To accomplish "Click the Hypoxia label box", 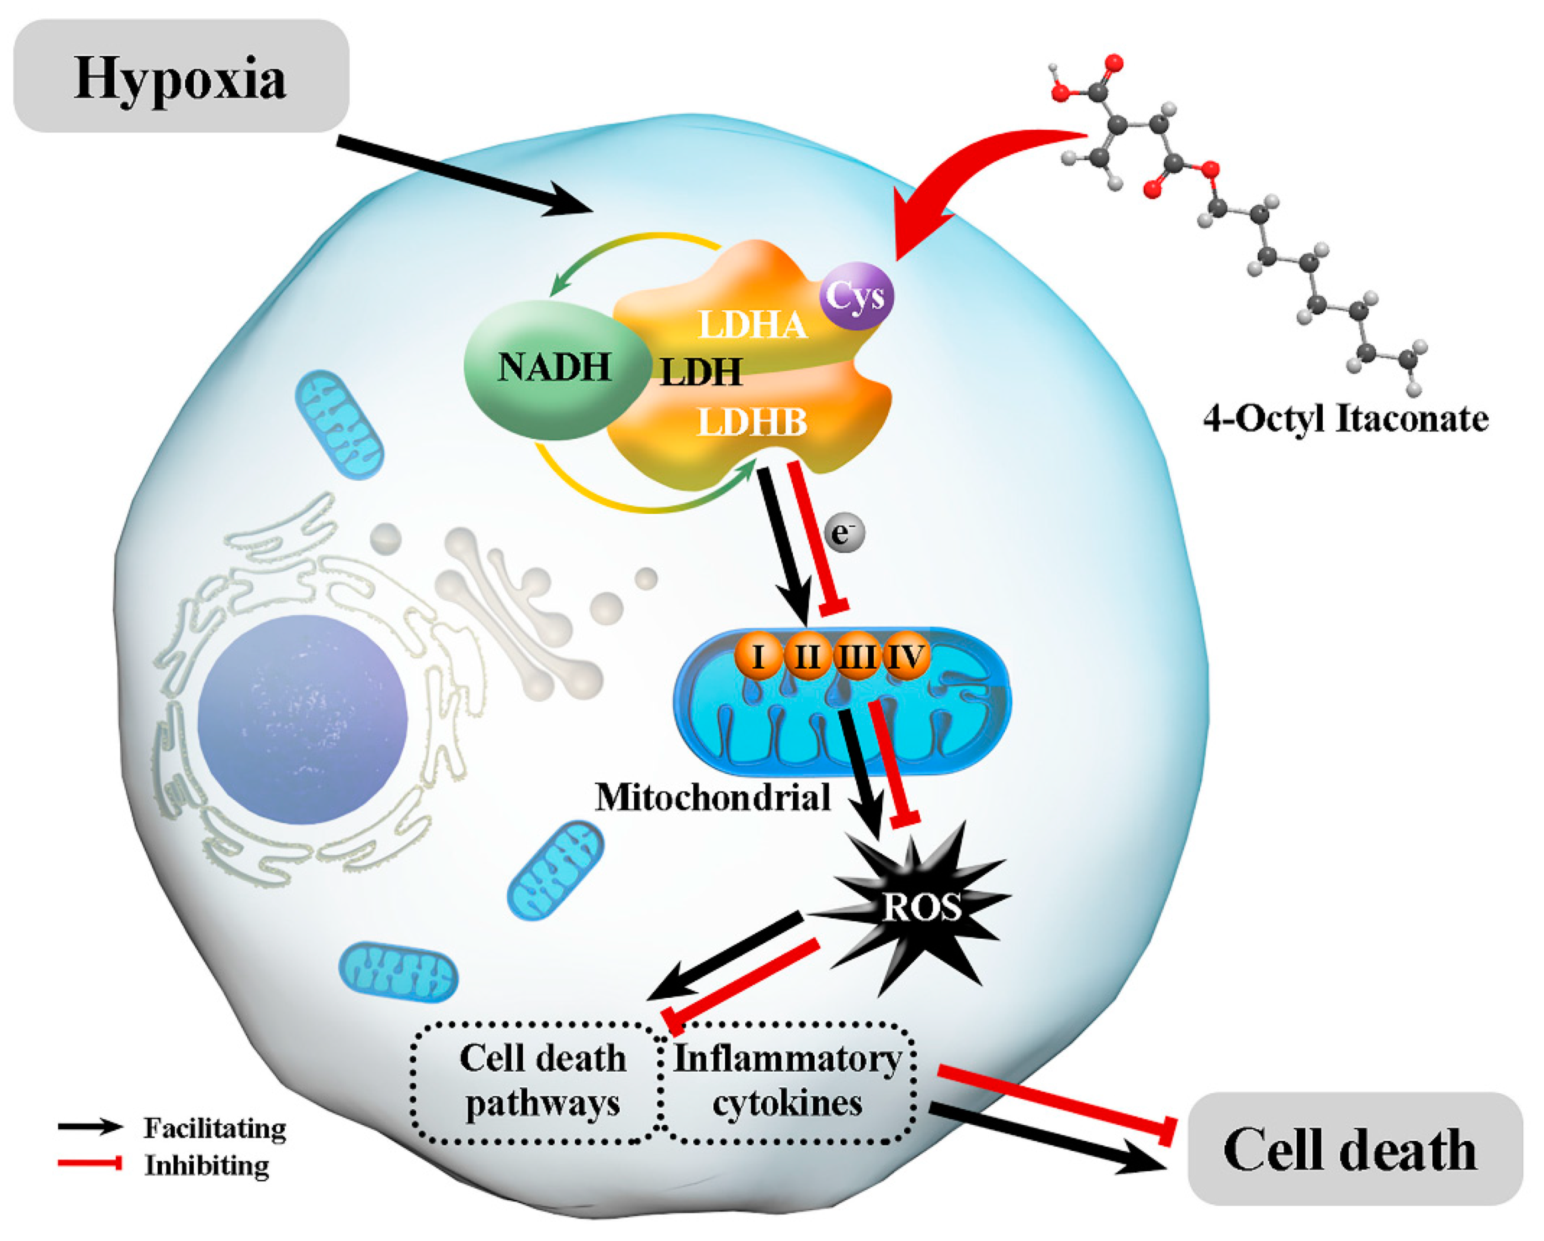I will tap(180, 76).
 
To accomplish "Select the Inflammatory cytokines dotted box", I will tap(788, 1081).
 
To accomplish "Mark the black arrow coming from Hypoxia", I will tap(465, 176).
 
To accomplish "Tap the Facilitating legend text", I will tap(215, 1128).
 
